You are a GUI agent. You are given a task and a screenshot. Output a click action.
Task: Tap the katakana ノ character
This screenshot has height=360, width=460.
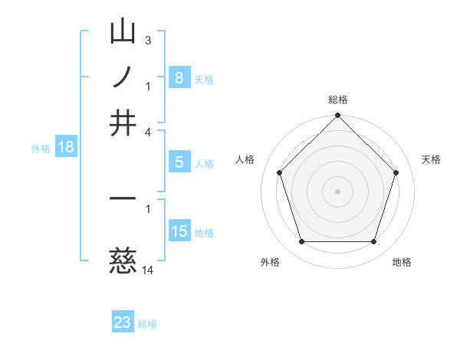click(123, 77)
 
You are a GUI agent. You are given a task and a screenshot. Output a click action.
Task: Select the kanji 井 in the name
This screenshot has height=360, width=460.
click(123, 123)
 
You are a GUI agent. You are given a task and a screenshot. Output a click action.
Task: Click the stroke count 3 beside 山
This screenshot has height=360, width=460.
click(147, 39)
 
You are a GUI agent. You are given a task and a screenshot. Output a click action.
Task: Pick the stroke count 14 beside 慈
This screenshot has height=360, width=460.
click(148, 270)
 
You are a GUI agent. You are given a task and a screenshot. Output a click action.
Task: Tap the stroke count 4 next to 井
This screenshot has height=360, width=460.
click(147, 132)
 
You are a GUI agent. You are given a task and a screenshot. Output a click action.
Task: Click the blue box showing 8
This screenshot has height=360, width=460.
click(179, 77)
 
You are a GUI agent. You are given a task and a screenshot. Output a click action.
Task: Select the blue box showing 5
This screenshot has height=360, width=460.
click(179, 162)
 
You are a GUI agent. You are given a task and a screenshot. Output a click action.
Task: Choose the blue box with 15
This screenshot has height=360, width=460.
click(179, 231)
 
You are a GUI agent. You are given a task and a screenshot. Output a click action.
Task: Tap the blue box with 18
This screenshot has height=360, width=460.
click(66, 147)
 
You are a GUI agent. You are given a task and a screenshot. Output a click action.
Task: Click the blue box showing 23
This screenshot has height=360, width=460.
click(123, 322)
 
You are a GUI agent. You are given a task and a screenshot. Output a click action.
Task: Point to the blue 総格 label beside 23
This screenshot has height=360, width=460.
click(147, 324)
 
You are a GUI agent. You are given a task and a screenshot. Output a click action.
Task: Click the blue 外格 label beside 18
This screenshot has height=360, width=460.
click(41, 149)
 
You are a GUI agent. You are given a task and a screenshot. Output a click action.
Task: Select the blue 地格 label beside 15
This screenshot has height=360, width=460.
click(204, 233)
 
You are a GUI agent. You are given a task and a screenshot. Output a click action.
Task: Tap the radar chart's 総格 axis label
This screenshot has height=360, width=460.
click(337, 100)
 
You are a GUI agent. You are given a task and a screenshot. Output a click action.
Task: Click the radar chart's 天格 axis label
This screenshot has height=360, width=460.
click(432, 159)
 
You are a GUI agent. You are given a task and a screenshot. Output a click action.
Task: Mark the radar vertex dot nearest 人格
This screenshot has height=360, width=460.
click(280, 172)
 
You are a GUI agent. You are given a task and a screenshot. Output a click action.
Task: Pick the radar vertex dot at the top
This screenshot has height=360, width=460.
click(337, 116)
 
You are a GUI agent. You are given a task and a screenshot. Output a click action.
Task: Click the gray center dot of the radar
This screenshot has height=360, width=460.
click(337, 191)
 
